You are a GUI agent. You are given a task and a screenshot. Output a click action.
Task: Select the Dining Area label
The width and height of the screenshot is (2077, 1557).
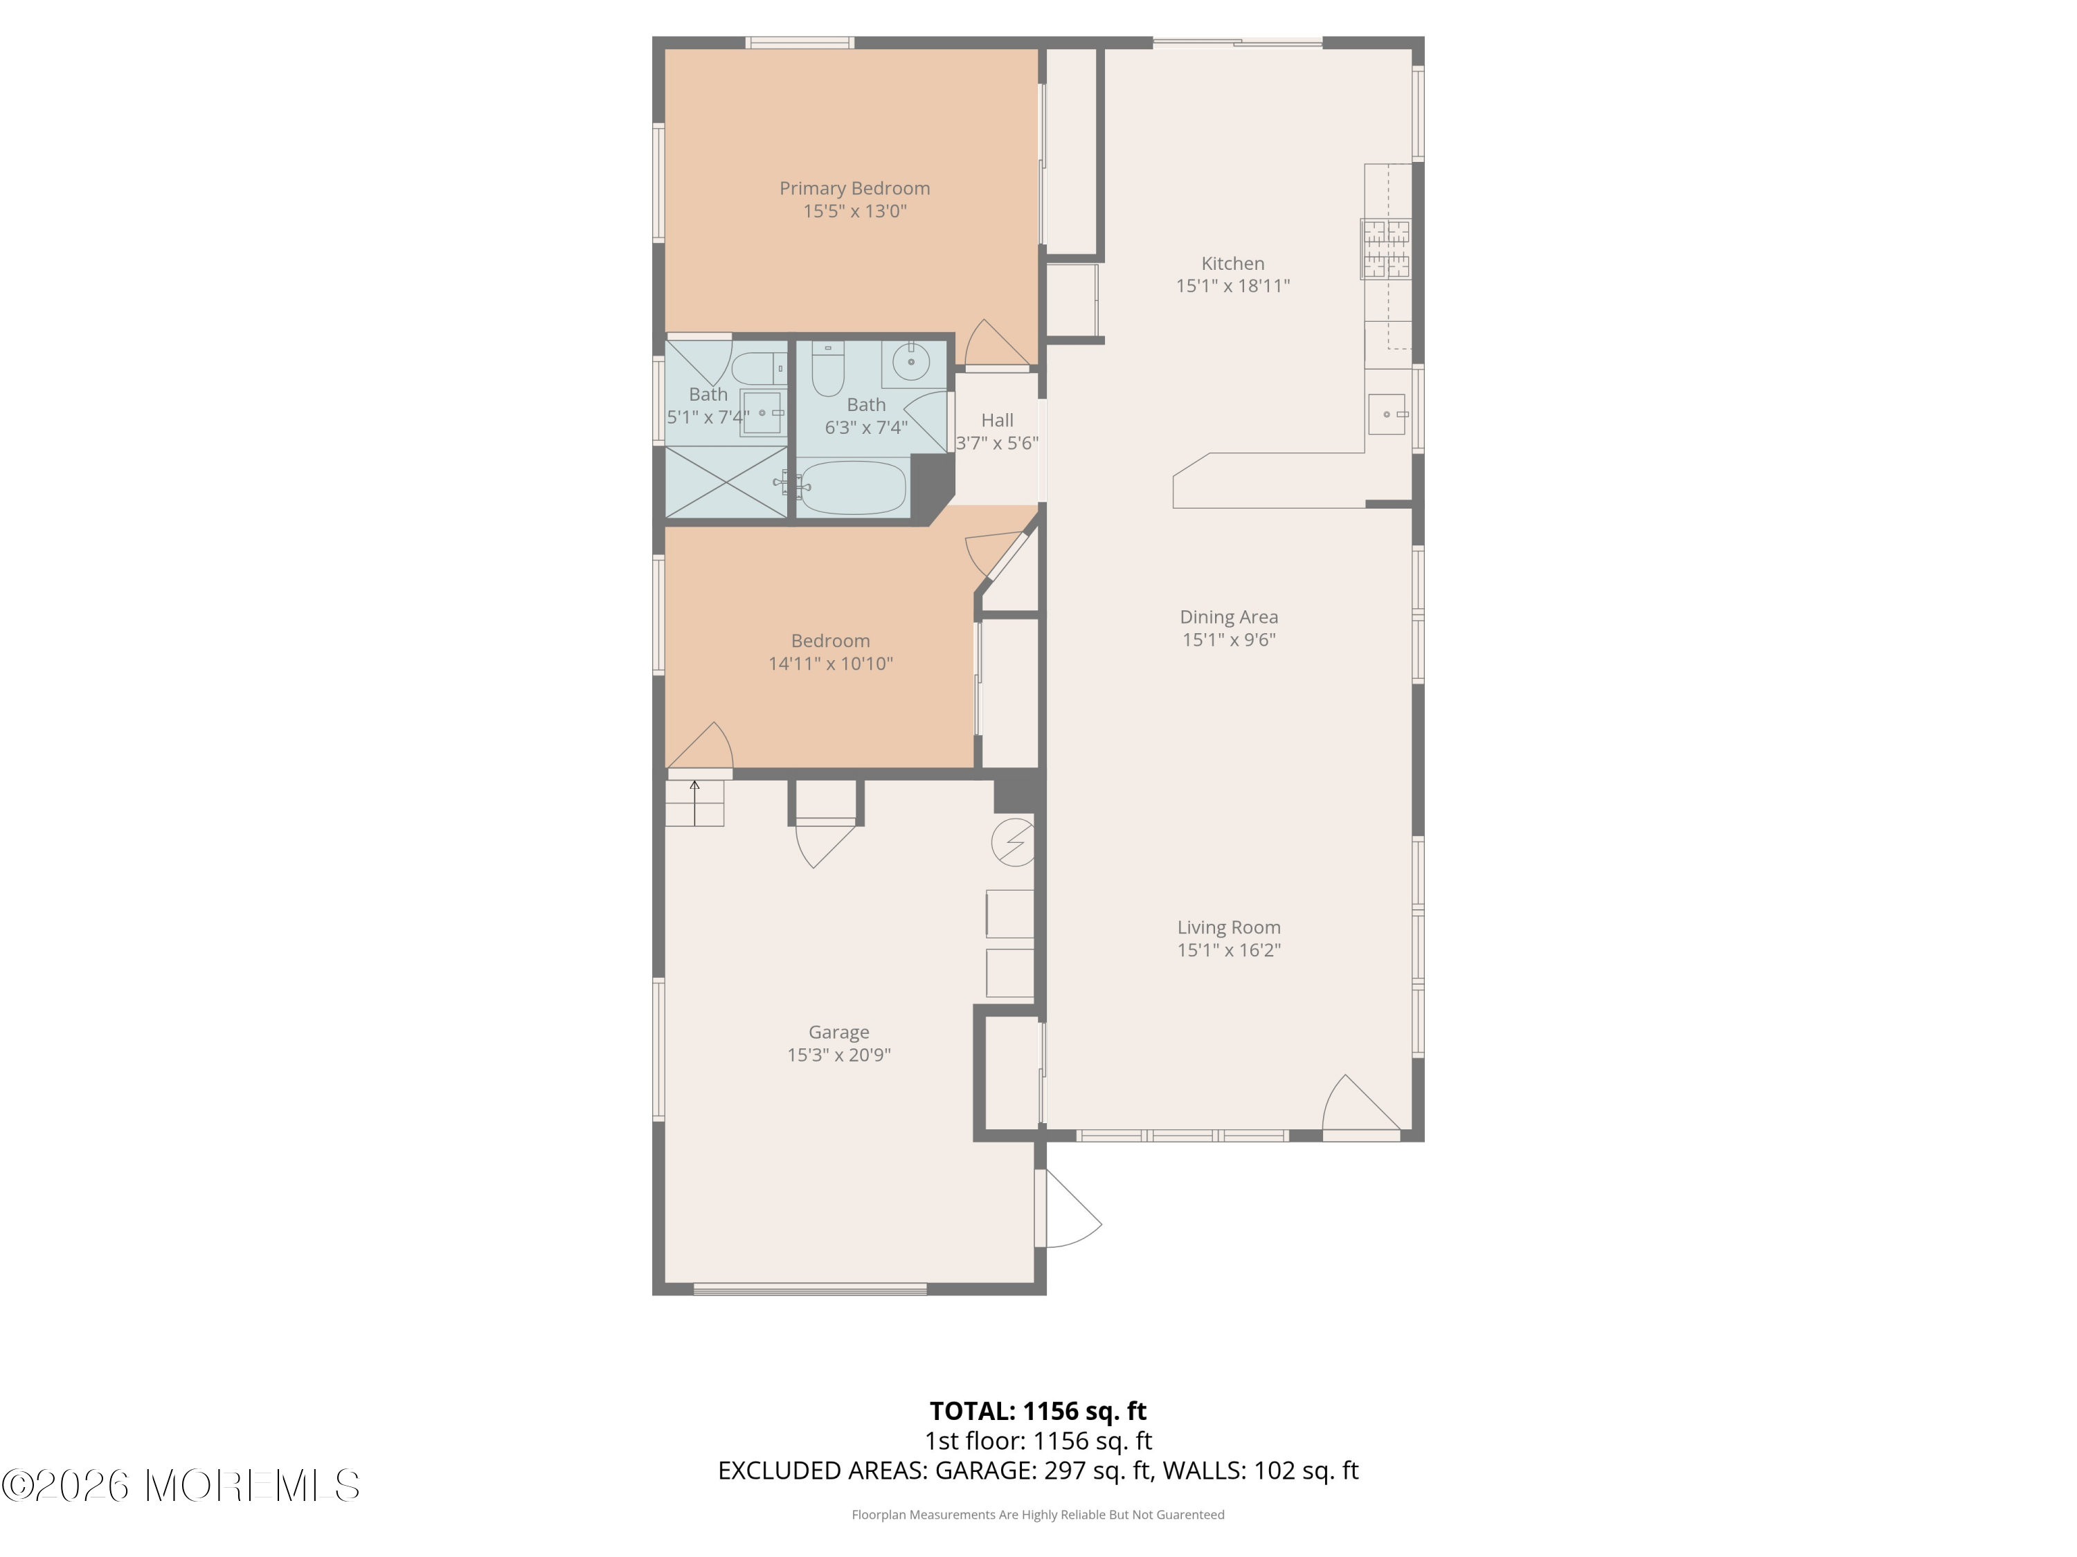(x=1229, y=617)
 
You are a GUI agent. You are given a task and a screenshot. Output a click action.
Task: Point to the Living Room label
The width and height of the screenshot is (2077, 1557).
(x=1229, y=927)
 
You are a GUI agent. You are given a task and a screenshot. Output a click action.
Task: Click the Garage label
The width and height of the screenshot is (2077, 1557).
(x=838, y=1032)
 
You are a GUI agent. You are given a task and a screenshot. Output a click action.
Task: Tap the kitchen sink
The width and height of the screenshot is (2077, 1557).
(x=1387, y=414)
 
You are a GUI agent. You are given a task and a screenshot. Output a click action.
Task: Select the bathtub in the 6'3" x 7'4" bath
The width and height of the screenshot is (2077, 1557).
(x=852, y=487)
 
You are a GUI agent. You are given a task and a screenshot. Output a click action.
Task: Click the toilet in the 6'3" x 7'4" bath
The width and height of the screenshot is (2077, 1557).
(x=828, y=369)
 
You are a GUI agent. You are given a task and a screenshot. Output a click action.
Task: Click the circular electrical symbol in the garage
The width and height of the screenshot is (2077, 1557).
(x=1013, y=843)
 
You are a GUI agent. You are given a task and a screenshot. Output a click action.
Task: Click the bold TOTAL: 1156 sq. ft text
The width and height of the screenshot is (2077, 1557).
(x=1038, y=1410)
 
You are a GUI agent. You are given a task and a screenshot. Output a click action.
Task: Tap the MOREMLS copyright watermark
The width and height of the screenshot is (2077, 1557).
(x=180, y=1486)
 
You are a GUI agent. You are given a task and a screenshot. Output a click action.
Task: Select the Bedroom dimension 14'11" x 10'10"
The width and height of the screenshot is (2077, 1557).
(x=831, y=664)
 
